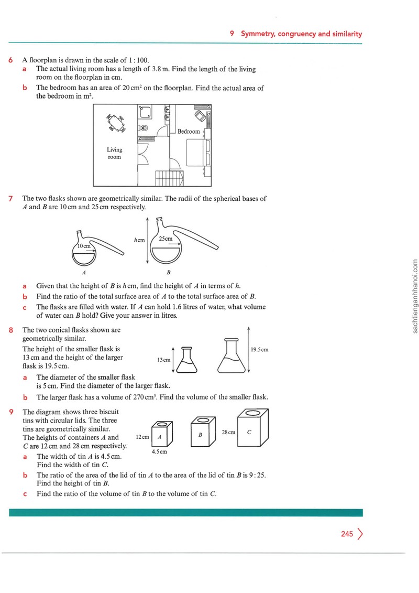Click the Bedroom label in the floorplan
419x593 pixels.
pos(189,132)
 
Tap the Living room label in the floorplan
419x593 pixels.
pos(114,153)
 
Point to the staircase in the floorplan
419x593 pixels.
pos(169,178)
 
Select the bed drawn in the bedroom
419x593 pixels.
pos(198,153)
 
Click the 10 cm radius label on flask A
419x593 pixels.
pos(84,246)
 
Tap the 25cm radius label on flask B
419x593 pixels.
pos(166,239)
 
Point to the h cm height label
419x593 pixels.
pos(139,240)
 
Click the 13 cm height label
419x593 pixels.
pos(163,360)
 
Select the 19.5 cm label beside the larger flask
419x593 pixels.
pos(259,349)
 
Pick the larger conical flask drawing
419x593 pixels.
pos(231,355)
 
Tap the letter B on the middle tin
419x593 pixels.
pos(200,435)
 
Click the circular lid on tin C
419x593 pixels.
pos(252,413)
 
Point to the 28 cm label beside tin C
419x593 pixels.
pos(228,432)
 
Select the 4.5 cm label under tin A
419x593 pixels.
pos(159,451)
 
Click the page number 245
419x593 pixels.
pos(347,534)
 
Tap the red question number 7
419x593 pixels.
pos(10,199)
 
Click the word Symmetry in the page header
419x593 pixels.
pos(258,34)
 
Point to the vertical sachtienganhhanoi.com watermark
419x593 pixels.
pos(415,296)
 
